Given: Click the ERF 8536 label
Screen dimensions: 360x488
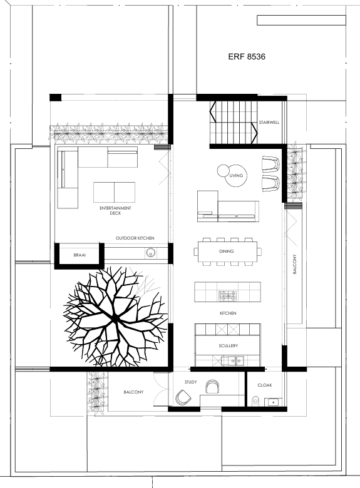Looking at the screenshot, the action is (247, 57).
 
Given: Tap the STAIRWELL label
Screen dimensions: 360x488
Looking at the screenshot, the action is (269, 123).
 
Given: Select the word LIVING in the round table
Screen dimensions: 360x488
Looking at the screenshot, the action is (236, 176).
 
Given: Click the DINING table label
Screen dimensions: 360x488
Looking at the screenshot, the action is (227, 251).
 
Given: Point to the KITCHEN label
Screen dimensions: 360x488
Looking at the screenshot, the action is (228, 313).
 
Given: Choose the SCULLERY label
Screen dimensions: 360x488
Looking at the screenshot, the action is (229, 346).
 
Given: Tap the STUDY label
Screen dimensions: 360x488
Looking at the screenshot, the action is (190, 382).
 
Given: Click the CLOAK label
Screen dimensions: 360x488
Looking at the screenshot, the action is (265, 385).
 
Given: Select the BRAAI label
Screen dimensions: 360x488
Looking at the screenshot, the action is (80, 255).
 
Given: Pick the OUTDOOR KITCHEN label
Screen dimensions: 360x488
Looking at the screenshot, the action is (135, 238).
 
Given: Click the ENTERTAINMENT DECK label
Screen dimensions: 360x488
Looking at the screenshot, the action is (115, 211).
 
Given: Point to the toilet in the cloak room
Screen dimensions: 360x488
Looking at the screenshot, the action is (255, 401).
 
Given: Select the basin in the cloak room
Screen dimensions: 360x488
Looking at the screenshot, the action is (273, 402).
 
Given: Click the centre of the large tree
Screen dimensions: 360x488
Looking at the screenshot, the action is (115, 317).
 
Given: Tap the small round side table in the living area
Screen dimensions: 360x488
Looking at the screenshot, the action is (223, 171).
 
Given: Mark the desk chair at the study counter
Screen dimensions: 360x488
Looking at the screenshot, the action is (213, 387).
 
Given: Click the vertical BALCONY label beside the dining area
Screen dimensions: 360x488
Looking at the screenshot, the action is (295, 264).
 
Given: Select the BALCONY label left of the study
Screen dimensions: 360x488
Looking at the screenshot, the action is (133, 392).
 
